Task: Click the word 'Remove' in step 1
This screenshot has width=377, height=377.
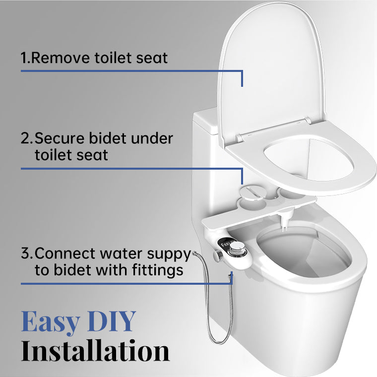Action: (61, 58)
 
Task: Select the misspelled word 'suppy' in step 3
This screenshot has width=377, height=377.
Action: (169, 253)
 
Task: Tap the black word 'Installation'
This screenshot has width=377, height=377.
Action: (95, 351)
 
